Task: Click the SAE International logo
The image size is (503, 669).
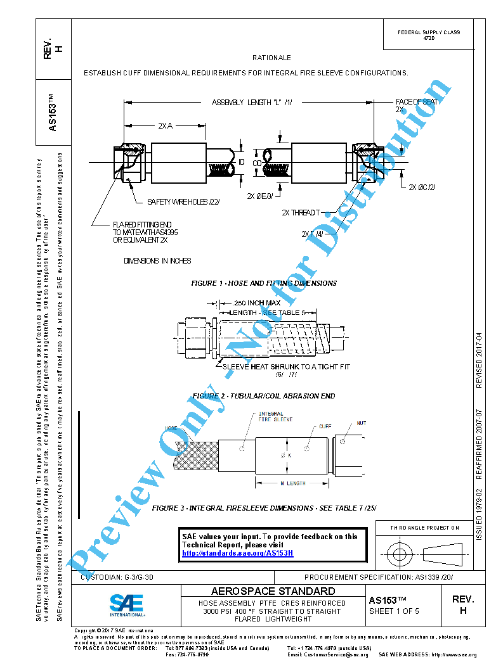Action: click(x=126, y=605)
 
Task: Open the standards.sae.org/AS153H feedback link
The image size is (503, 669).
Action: click(x=237, y=553)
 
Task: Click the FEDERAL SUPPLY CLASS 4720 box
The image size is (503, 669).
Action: click(x=429, y=35)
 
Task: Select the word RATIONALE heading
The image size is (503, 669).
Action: click(x=271, y=58)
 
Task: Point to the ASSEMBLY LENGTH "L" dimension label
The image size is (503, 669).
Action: click(x=251, y=103)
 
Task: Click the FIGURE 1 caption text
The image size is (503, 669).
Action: click(x=264, y=283)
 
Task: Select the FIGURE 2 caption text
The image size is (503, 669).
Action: click(x=264, y=396)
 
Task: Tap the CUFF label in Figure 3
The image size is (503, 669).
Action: click(x=325, y=427)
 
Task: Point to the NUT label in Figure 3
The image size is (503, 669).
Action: click(x=362, y=423)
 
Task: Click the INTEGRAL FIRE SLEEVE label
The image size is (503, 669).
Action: click(x=275, y=417)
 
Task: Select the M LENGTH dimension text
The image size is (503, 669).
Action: click(x=292, y=483)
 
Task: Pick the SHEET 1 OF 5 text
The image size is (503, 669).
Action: click(x=394, y=611)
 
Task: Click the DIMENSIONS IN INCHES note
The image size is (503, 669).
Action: click(x=157, y=261)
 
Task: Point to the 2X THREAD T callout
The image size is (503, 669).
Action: click(x=301, y=213)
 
